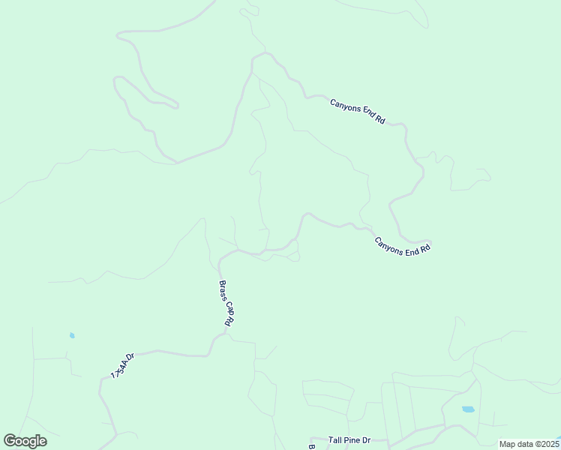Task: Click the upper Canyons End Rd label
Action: click(x=357, y=111)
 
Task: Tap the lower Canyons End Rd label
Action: click(x=403, y=247)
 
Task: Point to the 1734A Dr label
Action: click(x=121, y=365)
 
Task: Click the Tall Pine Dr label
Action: click(x=349, y=441)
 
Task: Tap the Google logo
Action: click(x=25, y=441)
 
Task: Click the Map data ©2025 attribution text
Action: click(x=529, y=444)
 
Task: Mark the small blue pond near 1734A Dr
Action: click(x=72, y=335)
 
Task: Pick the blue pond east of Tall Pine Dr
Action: click(x=468, y=409)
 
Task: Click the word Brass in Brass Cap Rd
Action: click(x=223, y=289)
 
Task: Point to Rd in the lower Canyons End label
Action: click(x=425, y=248)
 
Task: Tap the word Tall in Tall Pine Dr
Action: click(x=334, y=441)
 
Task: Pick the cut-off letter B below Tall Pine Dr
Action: click(x=311, y=447)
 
